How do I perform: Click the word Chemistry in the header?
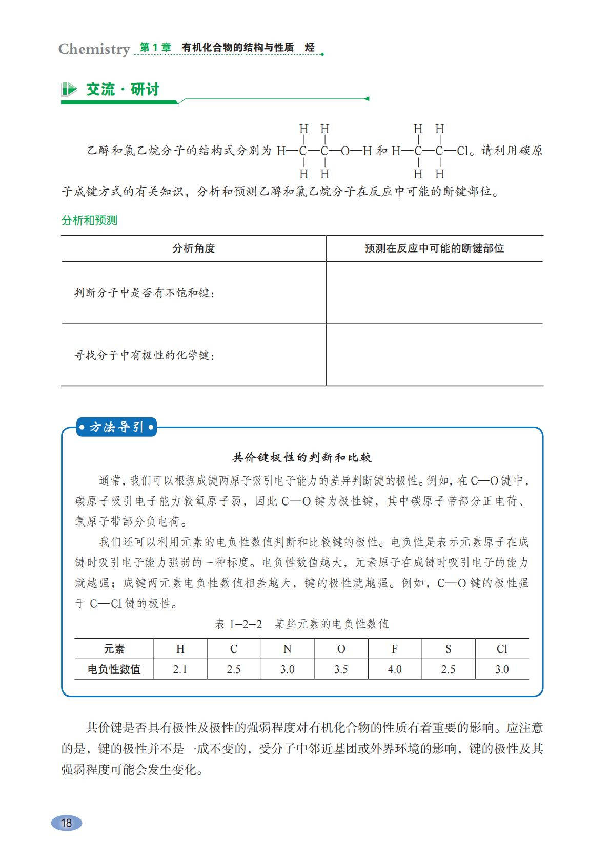(94, 49)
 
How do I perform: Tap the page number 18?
(67, 823)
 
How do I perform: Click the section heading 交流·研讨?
(123, 90)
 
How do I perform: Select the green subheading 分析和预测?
(89, 221)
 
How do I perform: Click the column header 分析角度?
(194, 249)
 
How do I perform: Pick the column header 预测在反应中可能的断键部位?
(434, 249)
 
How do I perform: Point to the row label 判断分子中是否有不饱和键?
(145, 293)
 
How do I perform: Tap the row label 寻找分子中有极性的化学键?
(145, 355)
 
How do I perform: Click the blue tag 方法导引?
(116, 427)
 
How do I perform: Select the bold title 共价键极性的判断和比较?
(302, 457)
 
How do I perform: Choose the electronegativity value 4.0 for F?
(395, 669)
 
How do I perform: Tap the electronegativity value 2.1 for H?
(180, 669)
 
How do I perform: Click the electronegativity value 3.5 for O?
(341, 669)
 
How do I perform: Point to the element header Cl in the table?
(502, 649)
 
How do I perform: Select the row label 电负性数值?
(114, 669)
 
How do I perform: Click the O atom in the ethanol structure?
(345, 151)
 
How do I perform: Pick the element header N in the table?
(287, 649)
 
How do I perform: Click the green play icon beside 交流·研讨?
(69, 90)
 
